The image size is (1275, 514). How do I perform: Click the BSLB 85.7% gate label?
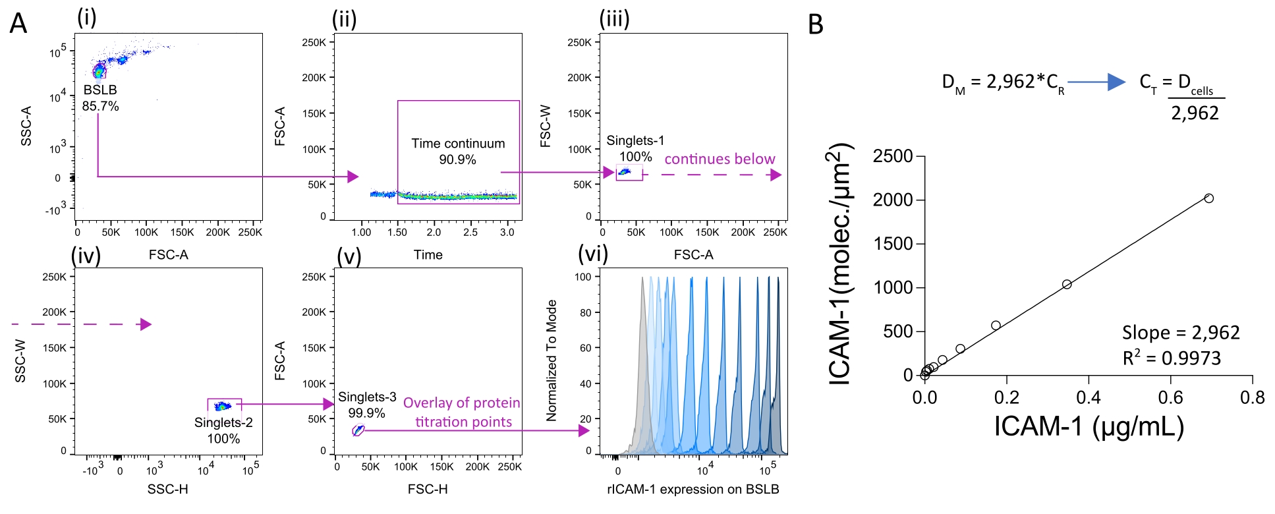click(100, 98)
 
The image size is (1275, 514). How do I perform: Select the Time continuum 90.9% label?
click(458, 152)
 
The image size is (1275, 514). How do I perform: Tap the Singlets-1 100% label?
click(635, 148)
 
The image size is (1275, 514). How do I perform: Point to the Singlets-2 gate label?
click(223, 430)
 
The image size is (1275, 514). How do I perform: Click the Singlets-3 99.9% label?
click(367, 405)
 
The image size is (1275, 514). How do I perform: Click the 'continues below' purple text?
click(720, 159)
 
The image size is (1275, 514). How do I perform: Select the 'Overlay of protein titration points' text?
click(462, 413)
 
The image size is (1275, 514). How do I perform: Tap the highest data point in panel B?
click(1208, 198)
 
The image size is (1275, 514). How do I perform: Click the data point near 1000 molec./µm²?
click(1067, 285)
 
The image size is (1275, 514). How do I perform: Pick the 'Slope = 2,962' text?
click(1181, 333)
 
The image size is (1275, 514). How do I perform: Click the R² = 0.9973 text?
click(1172, 358)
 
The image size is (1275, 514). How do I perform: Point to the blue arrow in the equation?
click(1096, 82)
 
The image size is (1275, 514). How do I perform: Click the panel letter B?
click(816, 24)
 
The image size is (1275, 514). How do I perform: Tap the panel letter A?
click(18, 24)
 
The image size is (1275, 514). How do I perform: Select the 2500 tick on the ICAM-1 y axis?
click(892, 157)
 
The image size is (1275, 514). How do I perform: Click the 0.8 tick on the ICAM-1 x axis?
click(1252, 397)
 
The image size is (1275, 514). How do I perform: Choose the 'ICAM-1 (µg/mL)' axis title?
click(1089, 427)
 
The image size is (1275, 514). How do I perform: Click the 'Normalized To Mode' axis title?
click(552, 360)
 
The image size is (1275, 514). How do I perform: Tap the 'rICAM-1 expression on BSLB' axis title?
click(693, 490)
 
